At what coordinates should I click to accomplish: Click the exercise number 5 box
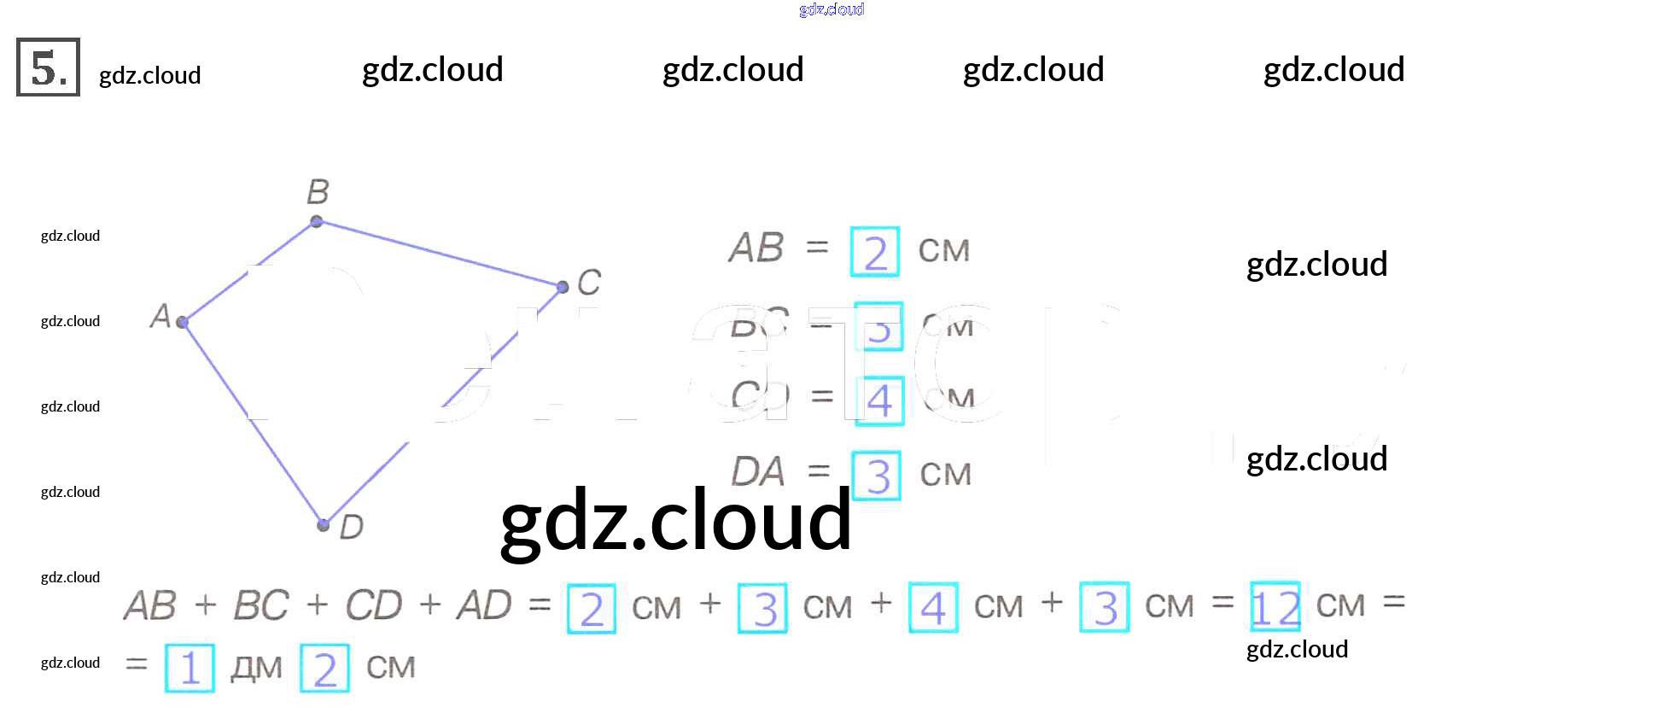[x=48, y=67]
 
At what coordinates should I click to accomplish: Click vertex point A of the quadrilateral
[x=182, y=322]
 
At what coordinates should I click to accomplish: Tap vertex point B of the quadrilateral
[x=317, y=221]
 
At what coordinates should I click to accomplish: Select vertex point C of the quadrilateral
[x=563, y=287]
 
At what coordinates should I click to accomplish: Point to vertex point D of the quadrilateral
[x=323, y=524]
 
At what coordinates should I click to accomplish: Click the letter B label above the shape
[x=318, y=191]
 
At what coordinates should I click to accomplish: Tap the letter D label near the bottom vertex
[x=351, y=527]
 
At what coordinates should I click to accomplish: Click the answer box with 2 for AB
[x=875, y=252]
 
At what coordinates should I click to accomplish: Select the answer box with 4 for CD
[x=879, y=400]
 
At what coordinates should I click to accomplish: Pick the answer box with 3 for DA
[x=877, y=475]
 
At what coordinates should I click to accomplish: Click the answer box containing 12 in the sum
[x=1275, y=607]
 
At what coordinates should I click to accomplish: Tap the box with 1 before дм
[x=190, y=668]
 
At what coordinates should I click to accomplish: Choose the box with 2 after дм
[x=324, y=668]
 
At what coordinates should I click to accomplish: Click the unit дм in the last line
[x=256, y=668]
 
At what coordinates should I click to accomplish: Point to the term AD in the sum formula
[x=484, y=605]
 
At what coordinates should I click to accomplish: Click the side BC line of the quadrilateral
[x=440, y=254]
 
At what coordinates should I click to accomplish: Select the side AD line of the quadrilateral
[x=253, y=424]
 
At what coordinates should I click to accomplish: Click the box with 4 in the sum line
[x=933, y=607]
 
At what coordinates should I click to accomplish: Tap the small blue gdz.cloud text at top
[x=831, y=9]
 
